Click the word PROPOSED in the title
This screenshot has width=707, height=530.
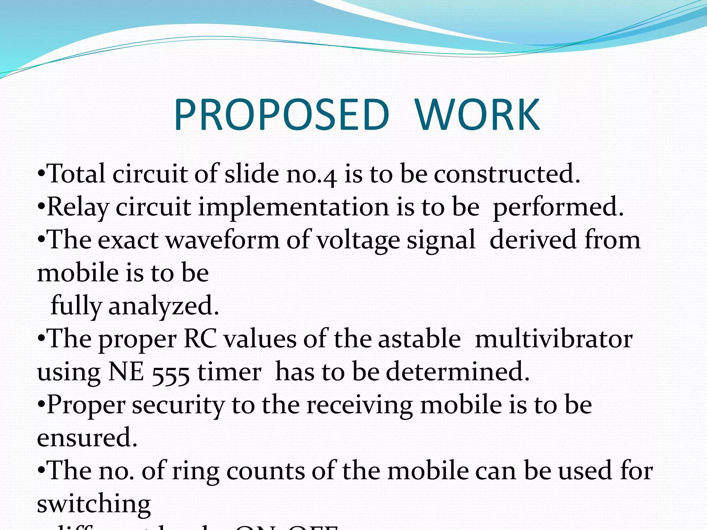[281, 115]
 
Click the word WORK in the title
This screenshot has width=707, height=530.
[477, 115]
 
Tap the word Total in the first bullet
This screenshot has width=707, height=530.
[76, 174]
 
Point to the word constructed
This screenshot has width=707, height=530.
[507, 174]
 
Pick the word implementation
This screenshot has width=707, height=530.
[293, 207]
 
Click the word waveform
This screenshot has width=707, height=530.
[223, 240]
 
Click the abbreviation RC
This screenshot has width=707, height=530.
[200, 338]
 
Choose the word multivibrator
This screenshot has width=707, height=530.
[554, 338]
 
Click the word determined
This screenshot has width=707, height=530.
[457, 372]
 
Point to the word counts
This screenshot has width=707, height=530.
[265, 471]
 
